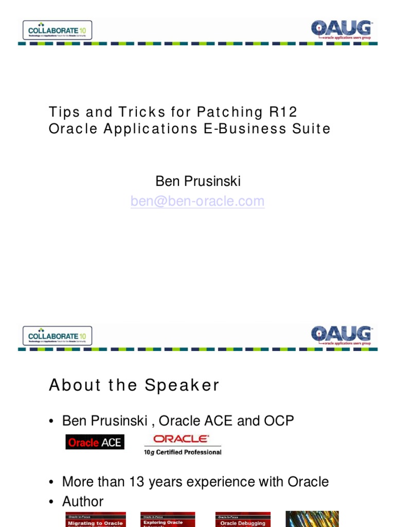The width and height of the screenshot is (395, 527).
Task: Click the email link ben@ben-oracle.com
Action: pos(197,201)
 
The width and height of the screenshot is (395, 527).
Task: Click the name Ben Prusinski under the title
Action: pos(197,182)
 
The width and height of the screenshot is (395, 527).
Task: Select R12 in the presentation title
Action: pos(283,112)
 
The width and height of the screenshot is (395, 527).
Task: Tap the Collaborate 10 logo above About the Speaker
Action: pos(58,336)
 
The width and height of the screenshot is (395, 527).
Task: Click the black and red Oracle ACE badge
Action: pos(95,442)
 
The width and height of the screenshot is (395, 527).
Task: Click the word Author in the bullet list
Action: pos(83,501)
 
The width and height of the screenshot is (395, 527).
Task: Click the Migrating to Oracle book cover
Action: pos(96,519)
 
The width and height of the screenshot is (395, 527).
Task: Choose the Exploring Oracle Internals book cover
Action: pos(168,519)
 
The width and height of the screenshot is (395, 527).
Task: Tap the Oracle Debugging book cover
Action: pos(243,519)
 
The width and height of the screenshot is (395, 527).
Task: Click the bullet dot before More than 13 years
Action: pos(51,483)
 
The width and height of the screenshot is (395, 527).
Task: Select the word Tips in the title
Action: pos(63,112)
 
